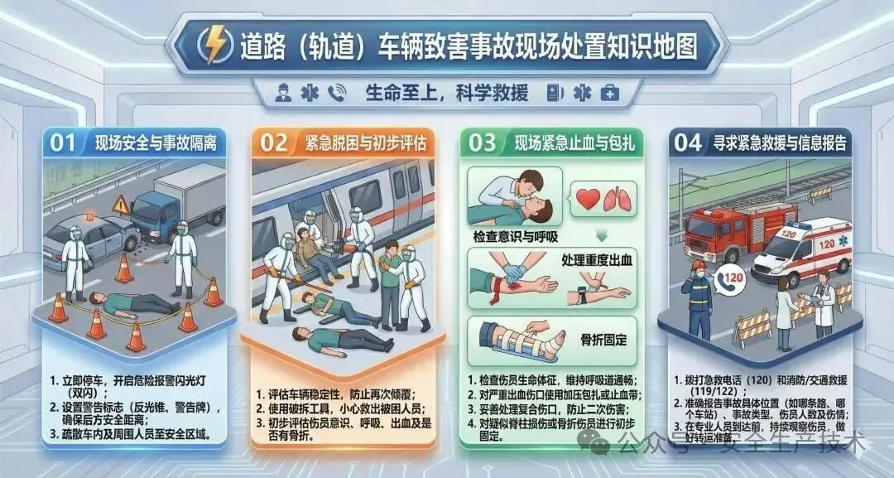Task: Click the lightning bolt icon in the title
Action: [x=215, y=45]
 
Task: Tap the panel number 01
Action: [x=63, y=142]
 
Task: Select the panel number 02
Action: [x=274, y=142]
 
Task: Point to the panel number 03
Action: [x=483, y=142]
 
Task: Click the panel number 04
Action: [x=688, y=142]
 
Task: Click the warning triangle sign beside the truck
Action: [x=121, y=206]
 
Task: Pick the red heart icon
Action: [x=588, y=199]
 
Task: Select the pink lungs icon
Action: [x=618, y=199]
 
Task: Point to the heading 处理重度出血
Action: [x=597, y=260]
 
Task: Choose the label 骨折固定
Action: [x=603, y=340]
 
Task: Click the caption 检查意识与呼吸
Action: [x=515, y=236]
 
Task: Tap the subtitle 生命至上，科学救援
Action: [x=446, y=93]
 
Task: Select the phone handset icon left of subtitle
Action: [x=336, y=94]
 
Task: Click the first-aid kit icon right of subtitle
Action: [x=609, y=93]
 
